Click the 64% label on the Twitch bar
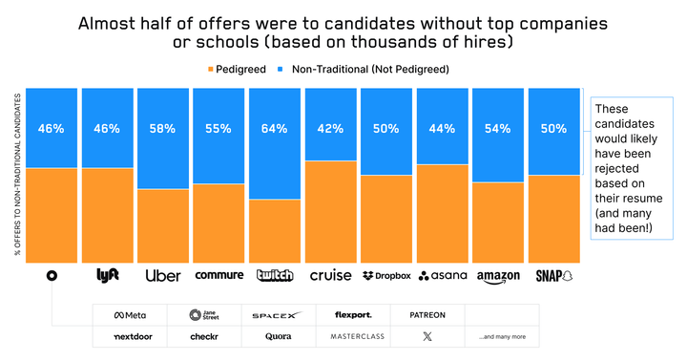pyautogui.click(x=275, y=129)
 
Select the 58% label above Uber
pyautogui.click(x=164, y=129)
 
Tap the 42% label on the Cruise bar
pyautogui.click(x=330, y=129)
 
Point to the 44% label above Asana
pyautogui.click(x=442, y=129)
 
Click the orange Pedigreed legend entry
pyautogui.click(x=235, y=70)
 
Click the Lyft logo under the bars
pyautogui.click(x=108, y=275)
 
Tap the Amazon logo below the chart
pyautogui.click(x=498, y=276)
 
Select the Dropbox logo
pyautogui.click(x=386, y=276)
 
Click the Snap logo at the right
pyautogui.click(x=553, y=275)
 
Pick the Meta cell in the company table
pyautogui.click(x=131, y=315)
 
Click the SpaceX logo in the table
pyautogui.click(x=276, y=315)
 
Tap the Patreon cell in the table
pyautogui.click(x=427, y=315)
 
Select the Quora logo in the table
pyautogui.click(x=280, y=336)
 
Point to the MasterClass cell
pyautogui.click(x=354, y=336)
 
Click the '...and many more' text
pyautogui.click(x=502, y=337)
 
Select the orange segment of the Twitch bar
pyautogui.click(x=275, y=229)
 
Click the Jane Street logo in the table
pyautogui.click(x=204, y=315)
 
